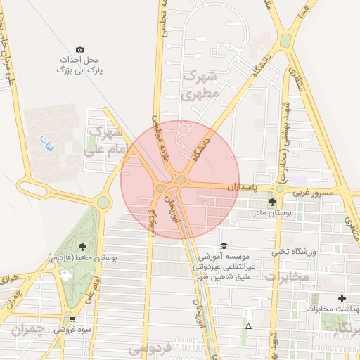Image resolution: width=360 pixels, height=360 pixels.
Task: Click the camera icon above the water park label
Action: point(79,49)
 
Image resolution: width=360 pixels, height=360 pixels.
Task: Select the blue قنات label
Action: point(49,146)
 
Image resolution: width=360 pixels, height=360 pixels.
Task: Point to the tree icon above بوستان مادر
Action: point(272,202)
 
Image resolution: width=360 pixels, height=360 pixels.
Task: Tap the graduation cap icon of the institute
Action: point(224,245)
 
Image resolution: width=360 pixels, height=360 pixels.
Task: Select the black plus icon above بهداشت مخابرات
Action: point(342,299)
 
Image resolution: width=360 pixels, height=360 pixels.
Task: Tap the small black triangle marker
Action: point(247,327)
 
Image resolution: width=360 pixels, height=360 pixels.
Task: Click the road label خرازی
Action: point(8,277)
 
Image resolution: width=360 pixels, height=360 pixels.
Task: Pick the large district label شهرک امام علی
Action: point(104,141)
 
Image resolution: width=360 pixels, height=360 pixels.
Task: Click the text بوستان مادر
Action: point(270,213)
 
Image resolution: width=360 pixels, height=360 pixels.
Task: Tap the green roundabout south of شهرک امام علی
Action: point(104,202)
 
